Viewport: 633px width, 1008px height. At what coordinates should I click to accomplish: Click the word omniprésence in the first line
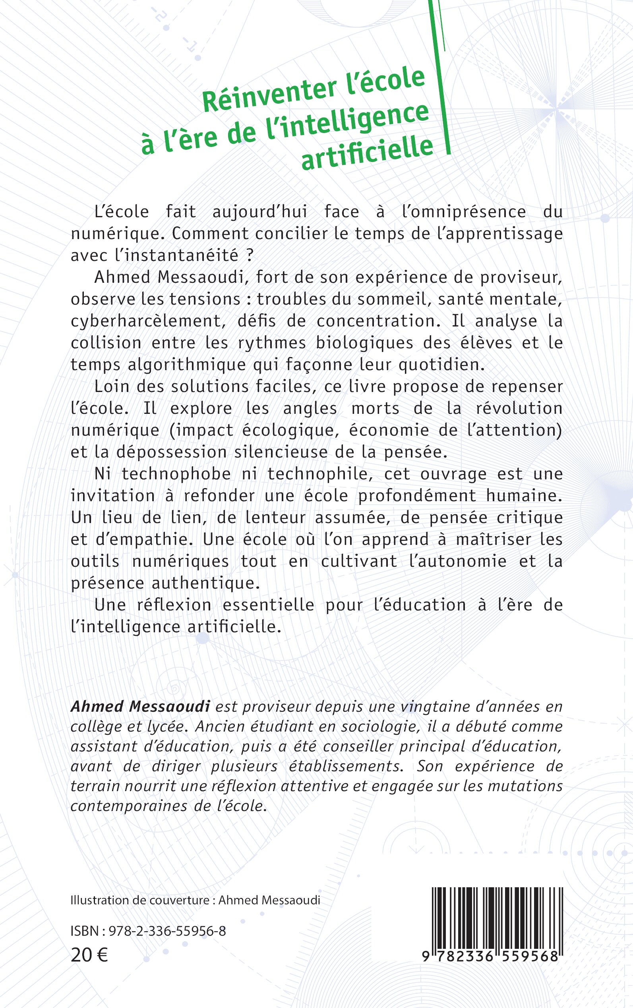[464, 211]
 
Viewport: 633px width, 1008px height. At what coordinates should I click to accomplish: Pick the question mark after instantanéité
[250, 255]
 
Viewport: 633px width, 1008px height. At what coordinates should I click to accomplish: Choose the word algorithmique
[187, 365]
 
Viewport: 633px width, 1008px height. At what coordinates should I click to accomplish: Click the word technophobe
[176, 474]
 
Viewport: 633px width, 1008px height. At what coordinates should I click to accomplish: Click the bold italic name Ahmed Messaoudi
[140, 706]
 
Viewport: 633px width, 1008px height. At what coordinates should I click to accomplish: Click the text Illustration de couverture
[140, 900]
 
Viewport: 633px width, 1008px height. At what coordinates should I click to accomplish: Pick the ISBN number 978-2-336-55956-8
[167, 931]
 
